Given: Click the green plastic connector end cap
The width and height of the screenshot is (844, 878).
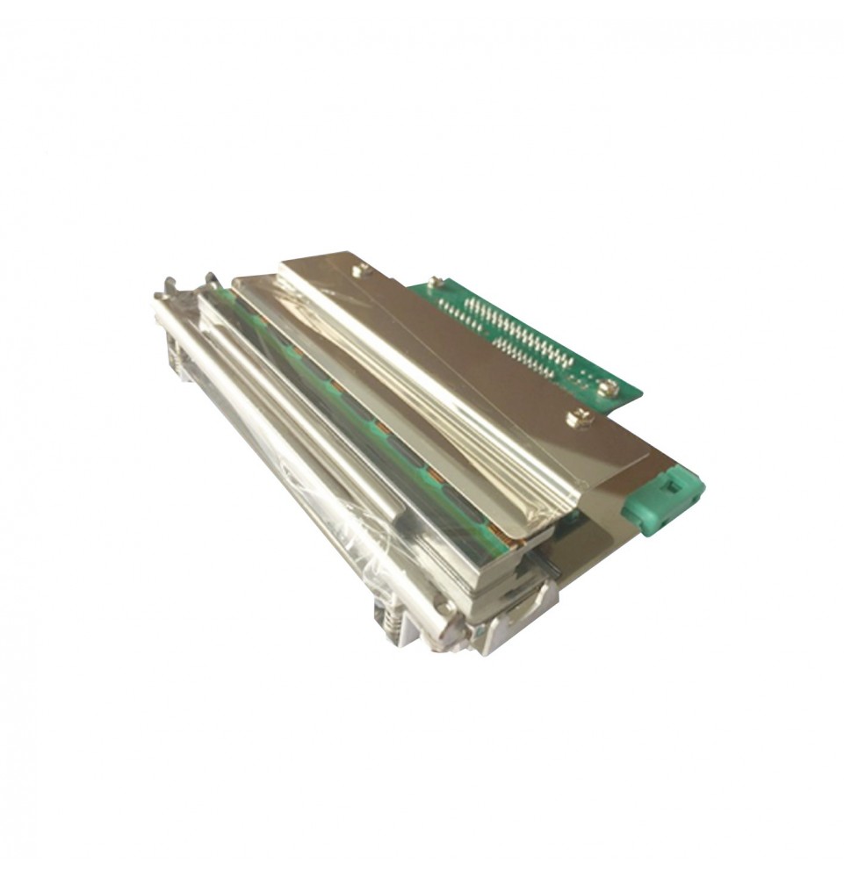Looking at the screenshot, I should [x=661, y=500].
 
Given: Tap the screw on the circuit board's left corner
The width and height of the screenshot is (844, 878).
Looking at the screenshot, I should [x=433, y=283].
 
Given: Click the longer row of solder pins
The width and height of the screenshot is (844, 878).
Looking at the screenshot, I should [x=518, y=330].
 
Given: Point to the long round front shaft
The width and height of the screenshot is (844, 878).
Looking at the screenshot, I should [x=299, y=457].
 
